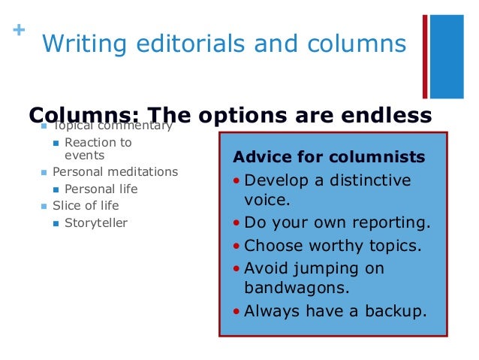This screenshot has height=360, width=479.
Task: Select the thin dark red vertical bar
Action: point(425,56)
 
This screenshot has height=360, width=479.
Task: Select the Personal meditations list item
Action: point(115,172)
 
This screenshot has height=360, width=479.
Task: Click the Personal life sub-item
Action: point(101,189)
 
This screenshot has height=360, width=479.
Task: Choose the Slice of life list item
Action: point(86,205)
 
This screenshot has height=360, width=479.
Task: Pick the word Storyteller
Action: point(96,222)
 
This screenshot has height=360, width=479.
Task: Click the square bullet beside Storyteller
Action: point(56,223)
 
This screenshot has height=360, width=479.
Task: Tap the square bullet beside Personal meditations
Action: point(44,173)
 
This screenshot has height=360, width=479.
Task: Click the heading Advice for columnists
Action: point(329,158)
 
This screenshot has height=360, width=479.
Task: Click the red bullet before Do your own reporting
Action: point(237,223)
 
